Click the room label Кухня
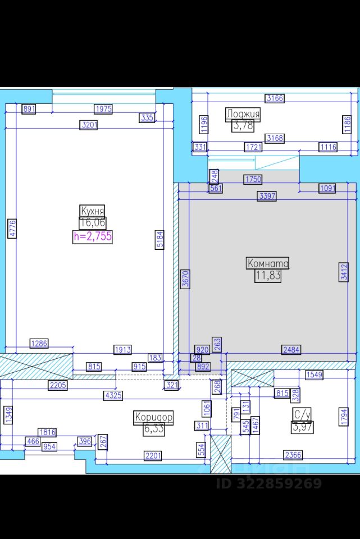click(x=93, y=211)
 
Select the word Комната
click(x=268, y=263)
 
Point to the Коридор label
click(x=153, y=417)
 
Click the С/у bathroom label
click(x=302, y=415)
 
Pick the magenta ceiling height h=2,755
click(x=93, y=236)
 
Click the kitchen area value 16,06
click(x=93, y=223)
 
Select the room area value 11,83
click(x=268, y=276)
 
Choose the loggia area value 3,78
click(x=243, y=126)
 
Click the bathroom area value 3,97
click(x=302, y=427)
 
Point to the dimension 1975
click(x=103, y=109)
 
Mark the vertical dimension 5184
click(x=160, y=241)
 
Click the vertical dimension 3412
click(x=344, y=272)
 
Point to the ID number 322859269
click(x=269, y=483)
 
